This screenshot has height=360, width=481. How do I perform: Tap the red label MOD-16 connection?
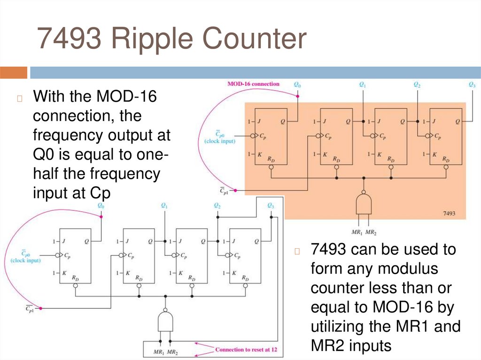[x=253, y=84]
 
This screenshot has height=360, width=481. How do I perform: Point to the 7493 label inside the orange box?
[x=450, y=213]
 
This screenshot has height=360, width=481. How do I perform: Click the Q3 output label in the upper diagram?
[x=472, y=85]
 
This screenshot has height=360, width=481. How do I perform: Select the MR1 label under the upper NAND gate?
[x=357, y=232]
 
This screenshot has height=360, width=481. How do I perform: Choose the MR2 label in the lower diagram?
[x=172, y=352]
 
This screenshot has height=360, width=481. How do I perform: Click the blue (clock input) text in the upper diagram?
[x=220, y=141]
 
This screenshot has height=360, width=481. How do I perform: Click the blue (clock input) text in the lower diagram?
[x=25, y=260]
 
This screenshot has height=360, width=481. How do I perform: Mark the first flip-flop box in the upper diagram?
[x=272, y=137]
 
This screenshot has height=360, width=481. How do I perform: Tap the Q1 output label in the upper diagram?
[x=362, y=85]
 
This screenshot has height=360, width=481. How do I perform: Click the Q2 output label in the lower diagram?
[x=217, y=206]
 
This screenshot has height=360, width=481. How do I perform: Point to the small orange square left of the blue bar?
[x=14, y=73]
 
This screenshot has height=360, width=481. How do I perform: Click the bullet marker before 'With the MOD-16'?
[x=20, y=99]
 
